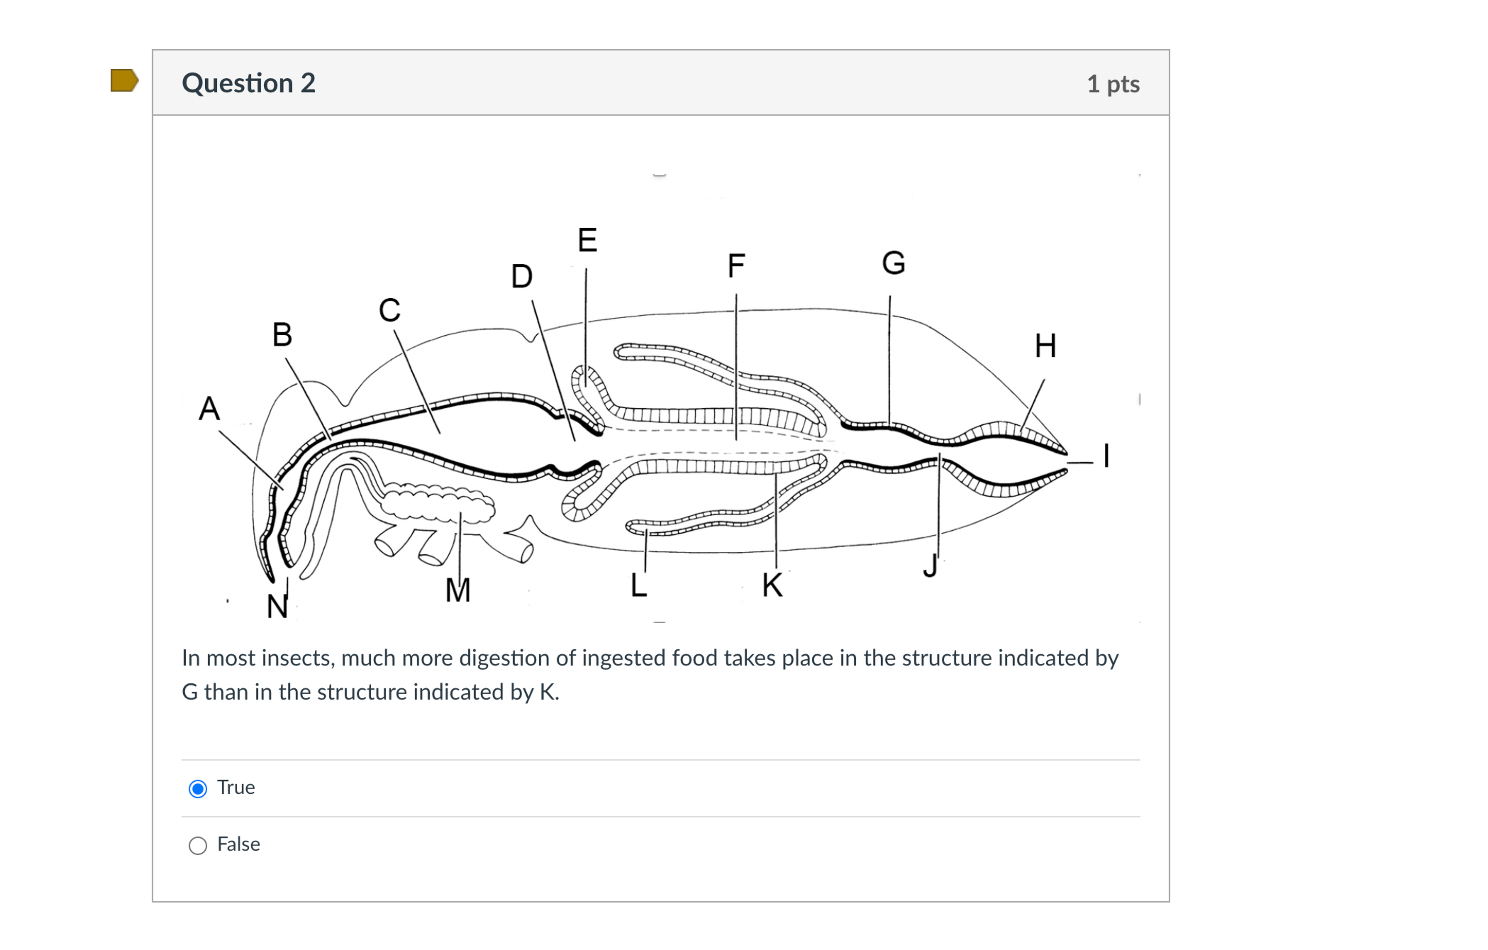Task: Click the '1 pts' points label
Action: (1113, 84)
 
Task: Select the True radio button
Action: (198, 789)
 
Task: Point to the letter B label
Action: (282, 335)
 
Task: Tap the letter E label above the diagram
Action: (587, 240)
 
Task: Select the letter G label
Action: (894, 263)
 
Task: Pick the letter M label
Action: (458, 590)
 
